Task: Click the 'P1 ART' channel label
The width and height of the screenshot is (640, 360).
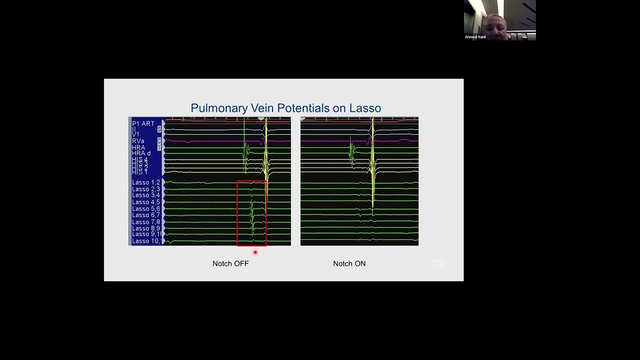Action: click(x=143, y=123)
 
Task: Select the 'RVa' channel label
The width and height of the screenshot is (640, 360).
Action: click(x=138, y=141)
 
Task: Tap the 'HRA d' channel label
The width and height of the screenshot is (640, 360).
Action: click(x=141, y=153)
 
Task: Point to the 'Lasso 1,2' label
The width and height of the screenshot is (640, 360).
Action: click(x=146, y=182)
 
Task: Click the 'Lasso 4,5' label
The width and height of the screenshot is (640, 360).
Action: click(x=146, y=202)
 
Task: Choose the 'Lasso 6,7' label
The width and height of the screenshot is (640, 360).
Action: click(x=146, y=215)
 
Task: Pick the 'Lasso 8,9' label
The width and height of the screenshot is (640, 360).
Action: click(x=146, y=228)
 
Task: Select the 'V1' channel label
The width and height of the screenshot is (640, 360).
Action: click(x=135, y=134)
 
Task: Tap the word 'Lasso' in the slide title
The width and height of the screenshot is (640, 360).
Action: click(x=365, y=108)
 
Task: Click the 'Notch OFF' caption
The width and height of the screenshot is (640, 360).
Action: click(x=230, y=263)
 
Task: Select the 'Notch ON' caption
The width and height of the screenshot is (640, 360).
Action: click(x=349, y=263)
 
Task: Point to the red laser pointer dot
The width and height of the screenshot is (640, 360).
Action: click(x=255, y=252)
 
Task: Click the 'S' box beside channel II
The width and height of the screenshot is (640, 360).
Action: click(x=159, y=129)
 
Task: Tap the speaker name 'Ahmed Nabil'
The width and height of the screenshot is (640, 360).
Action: click(x=475, y=37)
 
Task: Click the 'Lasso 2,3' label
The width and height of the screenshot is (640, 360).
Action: click(x=146, y=189)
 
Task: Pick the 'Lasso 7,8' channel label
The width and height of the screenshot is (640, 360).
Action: click(x=146, y=221)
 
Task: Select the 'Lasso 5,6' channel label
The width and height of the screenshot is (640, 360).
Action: click(x=146, y=208)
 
